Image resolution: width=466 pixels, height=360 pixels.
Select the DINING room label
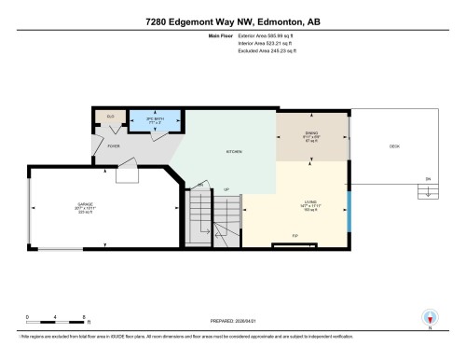pos(311,132)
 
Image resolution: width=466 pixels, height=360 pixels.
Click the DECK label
pos(394,145)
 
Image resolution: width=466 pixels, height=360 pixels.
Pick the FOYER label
pos(113,145)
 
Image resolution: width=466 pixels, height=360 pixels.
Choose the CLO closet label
pos(110,117)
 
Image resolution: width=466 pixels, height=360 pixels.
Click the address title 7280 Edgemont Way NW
pos(233,21)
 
